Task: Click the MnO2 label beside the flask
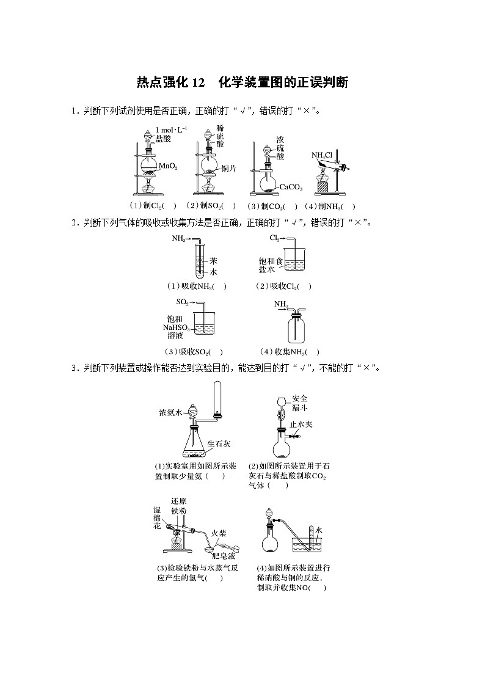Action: point(169,166)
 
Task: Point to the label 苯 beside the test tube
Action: point(214,260)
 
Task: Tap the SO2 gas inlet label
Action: point(182,302)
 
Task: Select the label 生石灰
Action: point(218,444)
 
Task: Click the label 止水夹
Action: point(301,423)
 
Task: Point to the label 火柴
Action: point(219,533)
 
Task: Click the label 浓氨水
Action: point(170,413)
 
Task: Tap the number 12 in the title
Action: point(200,83)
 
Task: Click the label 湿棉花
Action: point(157,516)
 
